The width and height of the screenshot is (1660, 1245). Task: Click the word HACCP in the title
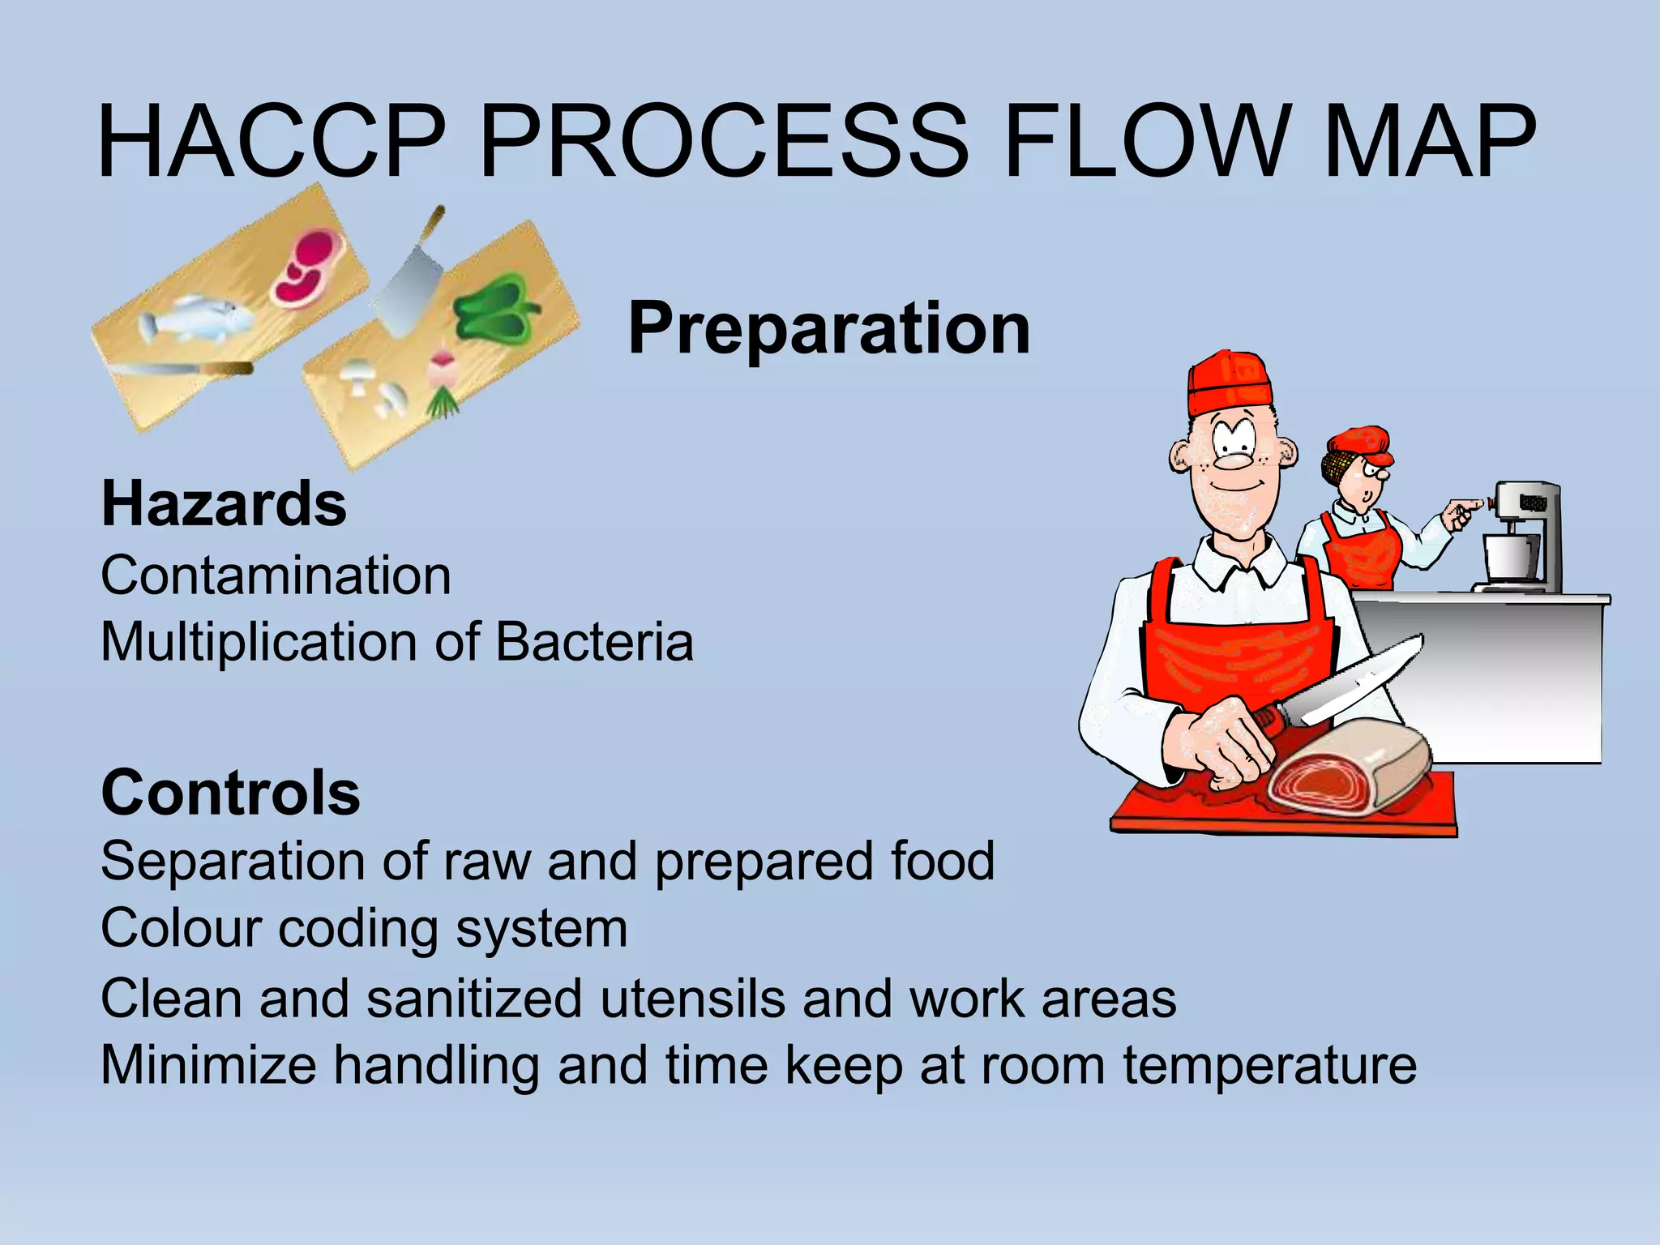[x=272, y=142]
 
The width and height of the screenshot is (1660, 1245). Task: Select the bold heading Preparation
[x=828, y=328]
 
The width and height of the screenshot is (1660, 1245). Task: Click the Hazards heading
[x=224, y=504]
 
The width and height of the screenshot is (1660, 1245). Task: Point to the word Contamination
[x=276, y=575]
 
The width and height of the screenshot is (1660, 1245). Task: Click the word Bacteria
[x=594, y=642]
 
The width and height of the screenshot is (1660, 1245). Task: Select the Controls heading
[x=230, y=793]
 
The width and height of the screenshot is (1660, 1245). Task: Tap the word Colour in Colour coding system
[x=180, y=928]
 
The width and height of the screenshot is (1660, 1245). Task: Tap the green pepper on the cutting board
[x=494, y=308]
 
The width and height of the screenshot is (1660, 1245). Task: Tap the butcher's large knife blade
[x=1362, y=681]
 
